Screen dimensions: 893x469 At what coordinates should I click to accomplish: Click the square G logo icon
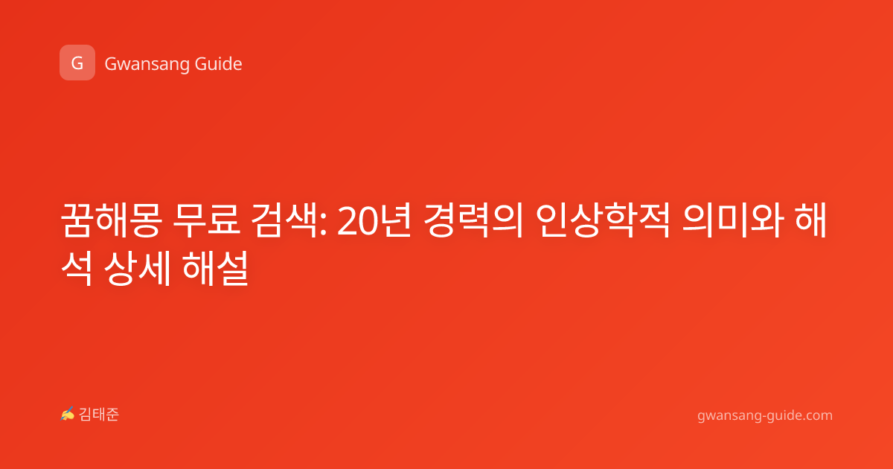77,63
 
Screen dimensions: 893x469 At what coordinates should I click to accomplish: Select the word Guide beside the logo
219,63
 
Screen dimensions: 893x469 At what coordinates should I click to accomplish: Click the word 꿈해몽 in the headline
112,220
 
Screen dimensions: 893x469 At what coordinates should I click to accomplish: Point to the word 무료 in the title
207,220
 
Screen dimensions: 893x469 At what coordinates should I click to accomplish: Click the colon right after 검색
323,226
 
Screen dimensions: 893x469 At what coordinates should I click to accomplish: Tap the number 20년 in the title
374,221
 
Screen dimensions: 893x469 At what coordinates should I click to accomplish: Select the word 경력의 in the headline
473,220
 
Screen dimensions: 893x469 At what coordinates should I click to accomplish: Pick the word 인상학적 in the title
602,220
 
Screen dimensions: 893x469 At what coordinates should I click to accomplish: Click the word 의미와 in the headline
733,220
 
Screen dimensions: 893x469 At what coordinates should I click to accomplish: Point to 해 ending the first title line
811,220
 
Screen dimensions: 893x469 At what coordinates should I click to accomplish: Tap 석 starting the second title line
77,268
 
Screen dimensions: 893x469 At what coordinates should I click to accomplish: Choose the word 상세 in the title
138,268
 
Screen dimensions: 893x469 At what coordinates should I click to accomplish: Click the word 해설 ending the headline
216,268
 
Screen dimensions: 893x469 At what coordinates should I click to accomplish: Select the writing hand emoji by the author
68,414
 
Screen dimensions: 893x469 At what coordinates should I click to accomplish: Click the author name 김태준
99,415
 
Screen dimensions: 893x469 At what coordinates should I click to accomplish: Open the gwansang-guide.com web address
765,415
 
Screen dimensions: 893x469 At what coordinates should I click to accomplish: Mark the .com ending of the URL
816,415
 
